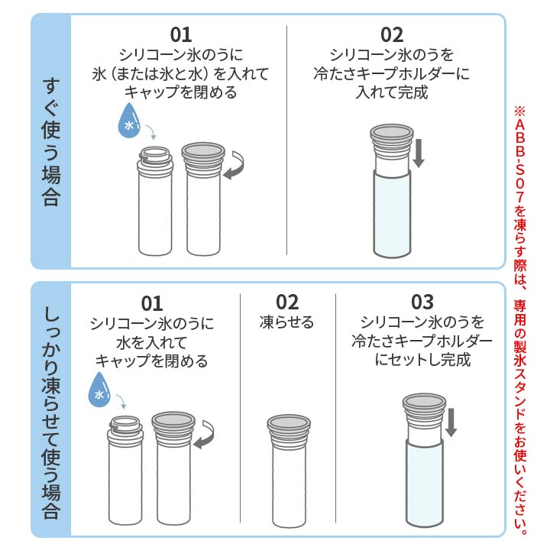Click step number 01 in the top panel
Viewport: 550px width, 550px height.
pyautogui.click(x=181, y=34)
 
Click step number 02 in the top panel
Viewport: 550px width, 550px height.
pyautogui.click(x=391, y=34)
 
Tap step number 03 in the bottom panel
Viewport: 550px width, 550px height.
pyautogui.click(x=422, y=301)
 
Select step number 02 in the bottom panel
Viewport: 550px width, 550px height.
pyautogui.click(x=287, y=301)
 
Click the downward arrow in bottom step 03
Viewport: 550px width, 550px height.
pyautogui.click(x=451, y=422)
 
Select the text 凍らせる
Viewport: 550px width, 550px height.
pyautogui.click(x=287, y=322)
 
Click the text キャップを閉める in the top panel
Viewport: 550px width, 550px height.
pyautogui.click(x=180, y=92)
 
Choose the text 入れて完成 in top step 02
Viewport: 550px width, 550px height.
pyautogui.click(x=391, y=92)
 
